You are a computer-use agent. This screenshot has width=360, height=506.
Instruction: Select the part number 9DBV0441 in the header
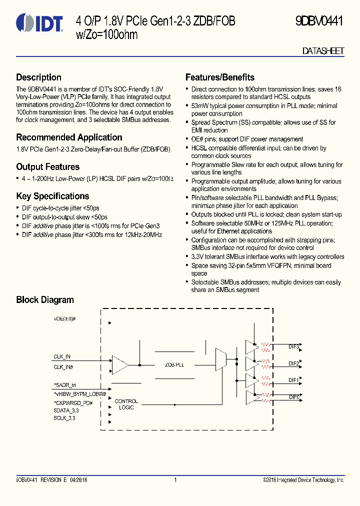[x=319, y=21]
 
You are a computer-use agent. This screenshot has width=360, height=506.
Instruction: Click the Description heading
[x=38, y=77]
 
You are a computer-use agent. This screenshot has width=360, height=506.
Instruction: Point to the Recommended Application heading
[x=69, y=137]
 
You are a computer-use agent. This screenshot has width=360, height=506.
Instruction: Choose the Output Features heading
[x=47, y=167]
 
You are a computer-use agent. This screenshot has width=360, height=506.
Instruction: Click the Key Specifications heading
[x=52, y=196]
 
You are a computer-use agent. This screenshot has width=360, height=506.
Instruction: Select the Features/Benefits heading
[x=219, y=77]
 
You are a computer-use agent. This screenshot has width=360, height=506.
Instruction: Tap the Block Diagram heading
[x=44, y=300]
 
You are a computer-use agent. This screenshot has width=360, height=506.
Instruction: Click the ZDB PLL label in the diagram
[x=174, y=365]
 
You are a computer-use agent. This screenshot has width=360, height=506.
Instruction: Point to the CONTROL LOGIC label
[x=126, y=404]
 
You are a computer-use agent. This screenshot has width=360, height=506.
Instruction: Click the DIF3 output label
[x=293, y=346]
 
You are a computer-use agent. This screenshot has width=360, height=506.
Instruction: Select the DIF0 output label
[x=294, y=397]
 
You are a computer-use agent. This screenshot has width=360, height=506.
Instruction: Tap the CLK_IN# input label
[x=63, y=367]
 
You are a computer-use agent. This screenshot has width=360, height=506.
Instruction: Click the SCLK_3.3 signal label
[x=64, y=418]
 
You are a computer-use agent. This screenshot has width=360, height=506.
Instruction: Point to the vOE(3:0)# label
[x=64, y=318]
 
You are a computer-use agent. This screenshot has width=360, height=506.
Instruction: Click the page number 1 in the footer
[x=175, y=480]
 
